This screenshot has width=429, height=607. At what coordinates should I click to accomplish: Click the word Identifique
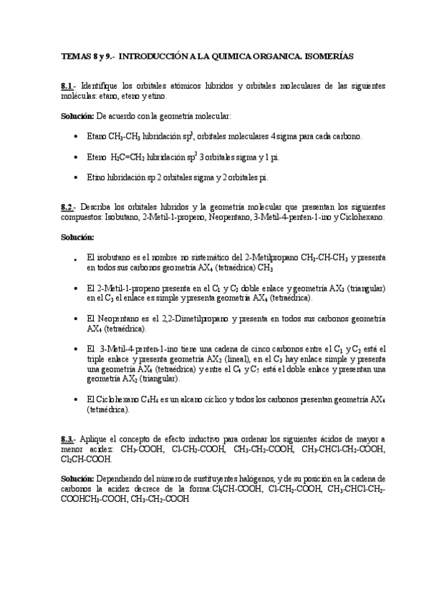click(x=103, y=86)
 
